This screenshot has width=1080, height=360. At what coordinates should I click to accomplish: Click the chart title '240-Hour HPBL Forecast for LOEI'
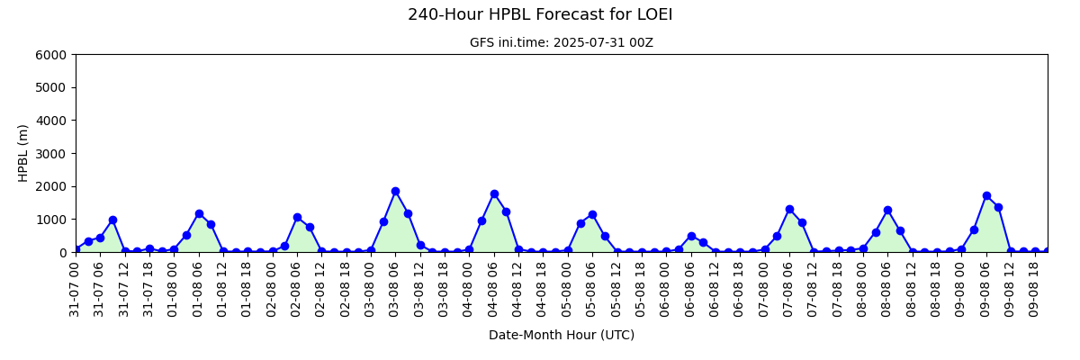(540, 14)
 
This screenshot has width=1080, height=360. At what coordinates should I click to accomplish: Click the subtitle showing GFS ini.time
(562, 43)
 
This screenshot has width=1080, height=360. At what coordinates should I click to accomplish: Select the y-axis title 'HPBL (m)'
(22, 153)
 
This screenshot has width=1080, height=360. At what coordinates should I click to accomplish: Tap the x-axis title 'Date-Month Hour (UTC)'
(562, 335)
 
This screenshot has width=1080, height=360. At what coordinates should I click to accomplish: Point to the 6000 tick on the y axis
(50, 55)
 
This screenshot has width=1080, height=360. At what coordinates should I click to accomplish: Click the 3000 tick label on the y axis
(50, 154)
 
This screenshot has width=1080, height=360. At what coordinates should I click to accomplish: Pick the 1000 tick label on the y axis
(50, 220)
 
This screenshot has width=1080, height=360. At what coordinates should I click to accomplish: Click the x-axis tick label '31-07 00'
(74, 289)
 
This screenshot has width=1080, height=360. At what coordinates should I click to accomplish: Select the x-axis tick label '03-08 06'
(394, 289)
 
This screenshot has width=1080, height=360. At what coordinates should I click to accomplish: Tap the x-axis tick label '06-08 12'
(714, 289)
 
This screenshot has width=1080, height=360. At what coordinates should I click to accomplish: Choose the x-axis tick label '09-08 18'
(1034, 289)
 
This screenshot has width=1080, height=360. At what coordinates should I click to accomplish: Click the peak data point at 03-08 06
(396, 192)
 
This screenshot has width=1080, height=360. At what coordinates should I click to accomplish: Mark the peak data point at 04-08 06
(494, 194)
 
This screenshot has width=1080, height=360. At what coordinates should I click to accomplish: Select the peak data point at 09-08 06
(986, 195)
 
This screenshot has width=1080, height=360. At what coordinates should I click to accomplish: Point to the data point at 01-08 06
(199, 213)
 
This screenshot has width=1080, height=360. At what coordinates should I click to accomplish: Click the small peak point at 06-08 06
(691, 236)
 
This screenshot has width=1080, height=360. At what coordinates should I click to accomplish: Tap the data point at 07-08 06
(790, 209)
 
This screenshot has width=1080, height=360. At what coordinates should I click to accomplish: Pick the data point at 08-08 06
(888, 210)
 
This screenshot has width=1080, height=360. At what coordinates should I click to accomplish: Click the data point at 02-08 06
(298, 217)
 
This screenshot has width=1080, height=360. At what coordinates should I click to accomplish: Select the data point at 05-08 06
(592, 214)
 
